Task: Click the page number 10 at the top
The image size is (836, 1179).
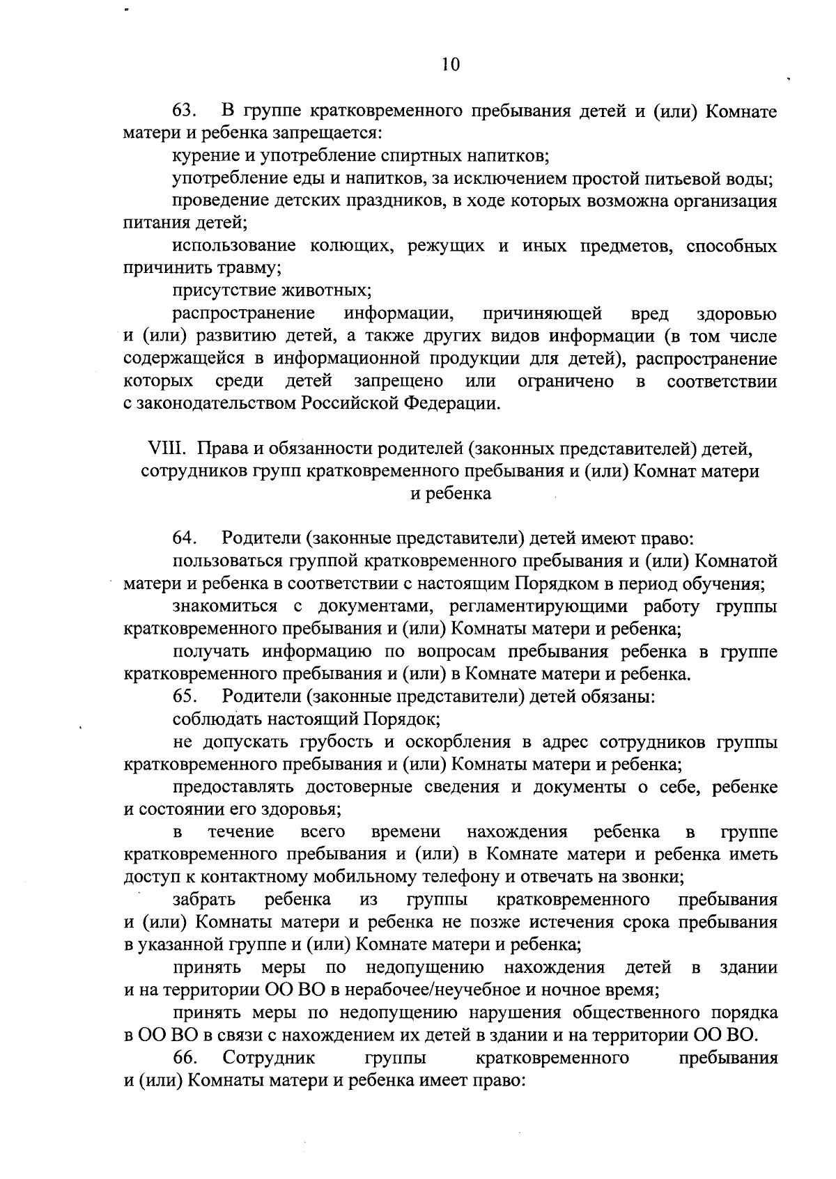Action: click(451, 65)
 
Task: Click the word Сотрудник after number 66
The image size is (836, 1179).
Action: click(269, 1058)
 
